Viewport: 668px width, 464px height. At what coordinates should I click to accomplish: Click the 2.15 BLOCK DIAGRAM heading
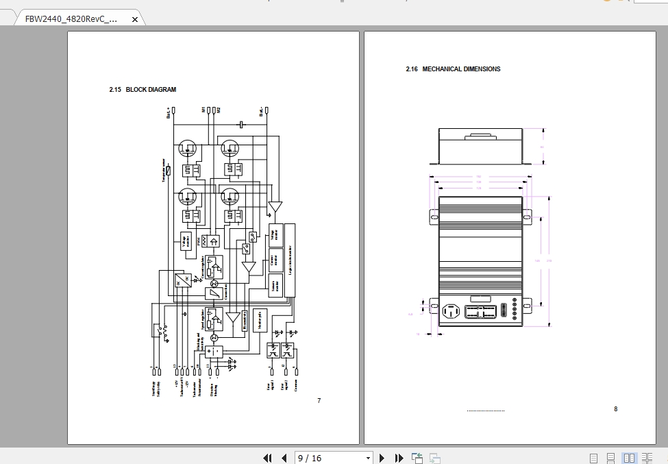pyautogui.click(x=143, y=90)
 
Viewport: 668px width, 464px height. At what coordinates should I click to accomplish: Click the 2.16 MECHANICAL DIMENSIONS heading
pyautogui.click(x=453, y=69)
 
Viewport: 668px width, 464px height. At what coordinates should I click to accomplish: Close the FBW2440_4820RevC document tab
pyautogui.click(x=135, y=19)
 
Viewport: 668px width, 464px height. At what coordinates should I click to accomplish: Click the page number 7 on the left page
pyautogui.click(x=319, y=401)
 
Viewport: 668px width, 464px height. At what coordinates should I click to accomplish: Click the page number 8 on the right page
pyautogui.click(x=615, y=409)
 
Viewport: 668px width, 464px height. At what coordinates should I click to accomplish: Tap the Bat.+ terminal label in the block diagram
pyautogui.click(x=169, y=112)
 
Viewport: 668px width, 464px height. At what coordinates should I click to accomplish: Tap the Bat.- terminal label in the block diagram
pyautogui.click(x=261, y=112)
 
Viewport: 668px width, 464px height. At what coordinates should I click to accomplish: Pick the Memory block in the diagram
pyautogui.click(x=260, y=319)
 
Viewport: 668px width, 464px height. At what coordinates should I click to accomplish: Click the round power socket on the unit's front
pyautogui.click(x=451, y=311)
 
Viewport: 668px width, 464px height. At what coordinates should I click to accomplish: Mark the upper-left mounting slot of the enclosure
pyautogui.click(x=434, y=217)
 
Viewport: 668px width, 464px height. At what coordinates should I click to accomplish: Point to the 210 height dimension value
pyautogui.click(x=548, y=260)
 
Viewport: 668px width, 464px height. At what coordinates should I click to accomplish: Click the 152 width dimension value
pyautogui.click(x=478, y=177)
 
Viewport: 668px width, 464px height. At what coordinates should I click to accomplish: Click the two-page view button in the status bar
pyautogui.click(x=628, y=458)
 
